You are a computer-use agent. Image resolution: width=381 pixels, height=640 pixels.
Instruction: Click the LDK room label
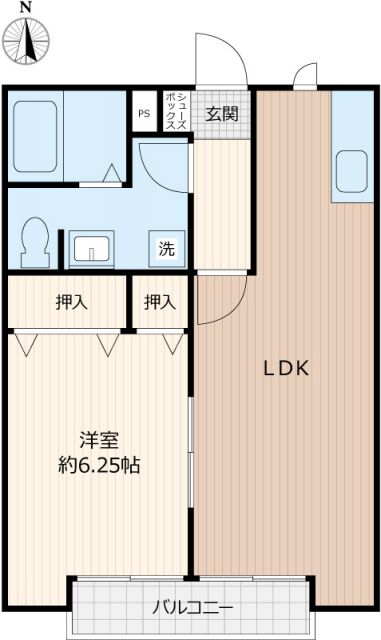coord(287,368)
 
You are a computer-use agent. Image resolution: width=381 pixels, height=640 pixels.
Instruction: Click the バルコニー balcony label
coord(193,607)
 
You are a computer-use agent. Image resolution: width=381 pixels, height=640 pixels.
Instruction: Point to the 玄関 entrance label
coord(222,113)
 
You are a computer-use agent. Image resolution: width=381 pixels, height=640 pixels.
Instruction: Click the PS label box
coord(144,113)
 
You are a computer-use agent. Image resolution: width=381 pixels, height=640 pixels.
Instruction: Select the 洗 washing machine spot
coord(166,249)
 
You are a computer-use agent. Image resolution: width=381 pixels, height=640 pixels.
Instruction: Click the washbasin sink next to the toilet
coord(92,248)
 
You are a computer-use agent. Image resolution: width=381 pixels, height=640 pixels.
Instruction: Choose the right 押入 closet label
coord(159,300)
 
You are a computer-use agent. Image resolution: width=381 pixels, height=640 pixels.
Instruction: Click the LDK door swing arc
coord(220,301)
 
